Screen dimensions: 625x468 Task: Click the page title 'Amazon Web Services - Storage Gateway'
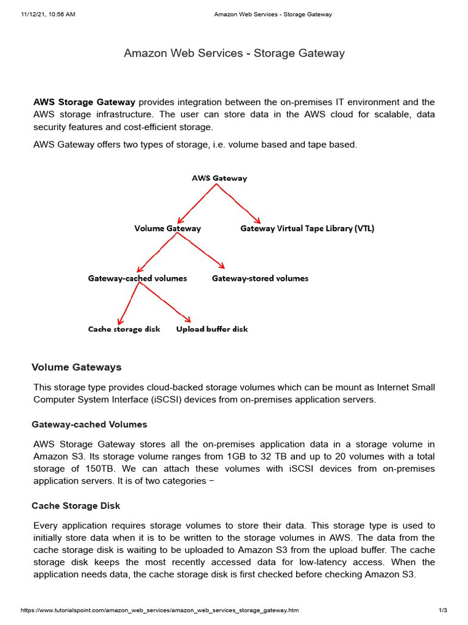coord(234,53)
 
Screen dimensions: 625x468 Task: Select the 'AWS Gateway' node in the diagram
coord(219,178)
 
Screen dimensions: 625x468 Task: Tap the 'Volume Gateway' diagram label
coord(168,228)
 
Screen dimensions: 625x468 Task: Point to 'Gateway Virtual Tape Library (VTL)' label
coord(307,228)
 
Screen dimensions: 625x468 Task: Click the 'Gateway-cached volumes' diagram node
coord(137,278)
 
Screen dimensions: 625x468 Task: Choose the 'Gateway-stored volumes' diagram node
coord(260,278)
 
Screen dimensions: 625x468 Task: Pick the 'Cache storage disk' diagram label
coord(124,329)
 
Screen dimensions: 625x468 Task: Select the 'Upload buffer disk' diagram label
coord(212,329)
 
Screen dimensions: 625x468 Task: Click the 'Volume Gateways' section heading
coord(77,367)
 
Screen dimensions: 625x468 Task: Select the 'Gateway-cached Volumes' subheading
coord(90,424)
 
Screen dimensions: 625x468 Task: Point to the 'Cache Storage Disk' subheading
coord(76,506)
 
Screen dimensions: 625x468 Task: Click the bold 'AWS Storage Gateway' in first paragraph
coord(76,102)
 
